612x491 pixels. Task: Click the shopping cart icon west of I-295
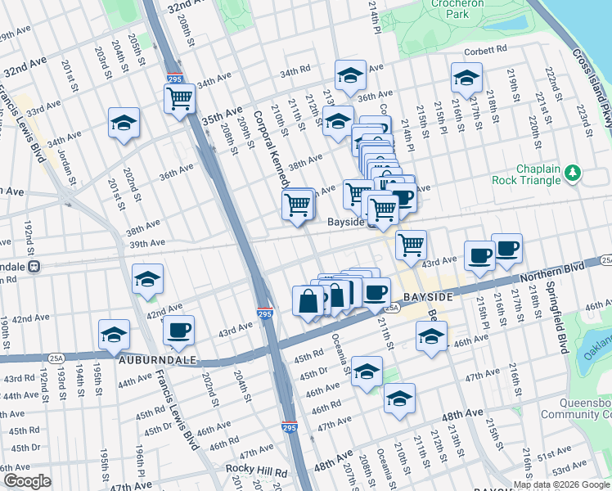(x=179, y=99)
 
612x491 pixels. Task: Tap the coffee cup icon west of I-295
(x=178, y=331)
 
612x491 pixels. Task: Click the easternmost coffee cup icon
(x=506, y=249)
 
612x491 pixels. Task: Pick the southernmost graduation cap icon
(x=400, y=399)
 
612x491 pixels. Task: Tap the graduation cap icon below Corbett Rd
(x=466, y=79)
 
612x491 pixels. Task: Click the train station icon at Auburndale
(x=34, y=267)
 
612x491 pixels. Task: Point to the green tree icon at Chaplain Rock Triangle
(x=574, y=172)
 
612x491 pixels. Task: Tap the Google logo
(x=27, y=481)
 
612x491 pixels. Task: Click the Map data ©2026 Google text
(x=561, y=484)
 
